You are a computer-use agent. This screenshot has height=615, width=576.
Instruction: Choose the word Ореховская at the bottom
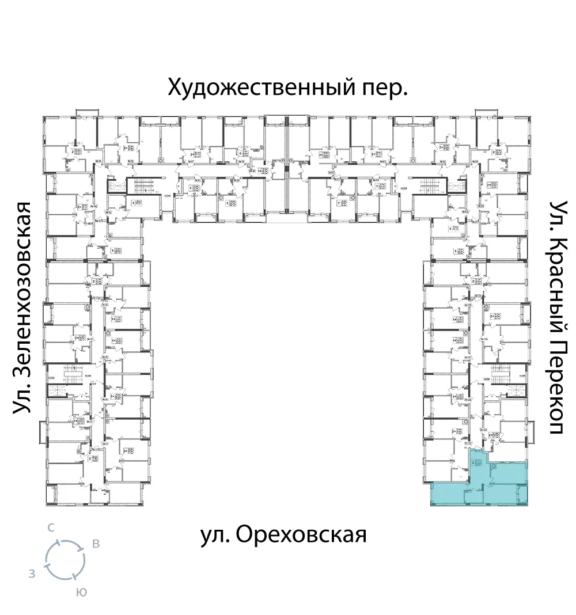tap(301, 534)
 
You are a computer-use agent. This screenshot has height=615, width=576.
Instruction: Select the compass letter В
tap(96, 544)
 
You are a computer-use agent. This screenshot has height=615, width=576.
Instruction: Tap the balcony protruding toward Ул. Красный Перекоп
tap(532, 429)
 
